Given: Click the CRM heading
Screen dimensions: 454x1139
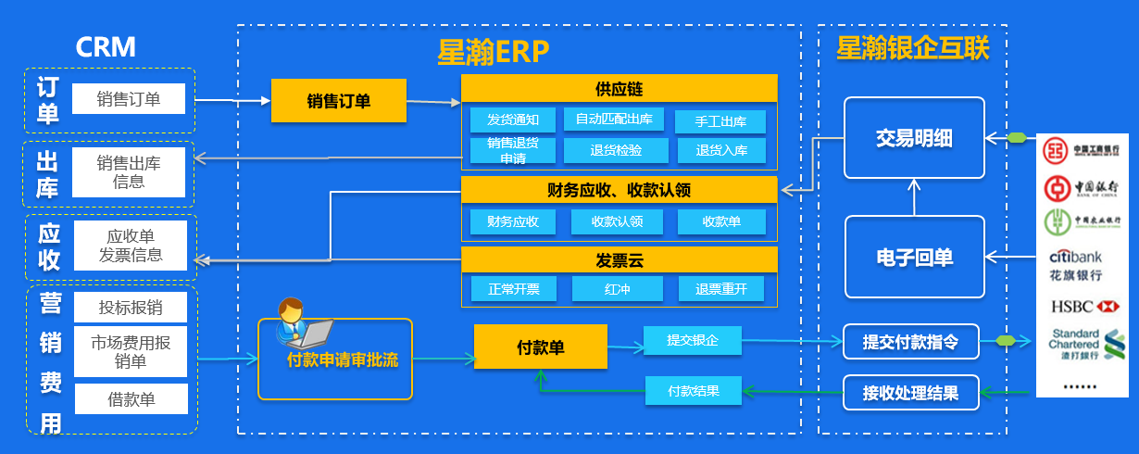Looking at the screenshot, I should point(106,46).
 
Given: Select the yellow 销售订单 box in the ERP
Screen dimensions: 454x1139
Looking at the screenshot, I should point(339,100).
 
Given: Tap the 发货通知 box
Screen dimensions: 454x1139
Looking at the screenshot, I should point(512,120).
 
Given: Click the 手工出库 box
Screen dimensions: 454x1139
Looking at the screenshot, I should point(720,121).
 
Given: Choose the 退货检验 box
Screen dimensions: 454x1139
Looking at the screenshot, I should point(616,150).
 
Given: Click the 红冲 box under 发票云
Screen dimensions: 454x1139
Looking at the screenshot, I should point(616,289).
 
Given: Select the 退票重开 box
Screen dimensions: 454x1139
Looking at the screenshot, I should point(721,289).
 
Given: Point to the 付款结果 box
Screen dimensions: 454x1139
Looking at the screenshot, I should point(695,391).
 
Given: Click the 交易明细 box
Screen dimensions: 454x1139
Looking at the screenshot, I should point(914,138).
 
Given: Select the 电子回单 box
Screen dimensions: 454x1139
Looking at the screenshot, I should point(914,257).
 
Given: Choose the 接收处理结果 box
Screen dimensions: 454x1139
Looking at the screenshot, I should point(912,392).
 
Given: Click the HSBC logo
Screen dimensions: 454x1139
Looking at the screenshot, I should point(1085,305).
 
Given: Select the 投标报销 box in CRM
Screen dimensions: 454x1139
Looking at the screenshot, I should point(131,307).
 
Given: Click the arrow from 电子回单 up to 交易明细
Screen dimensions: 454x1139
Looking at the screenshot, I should point(914,196).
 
